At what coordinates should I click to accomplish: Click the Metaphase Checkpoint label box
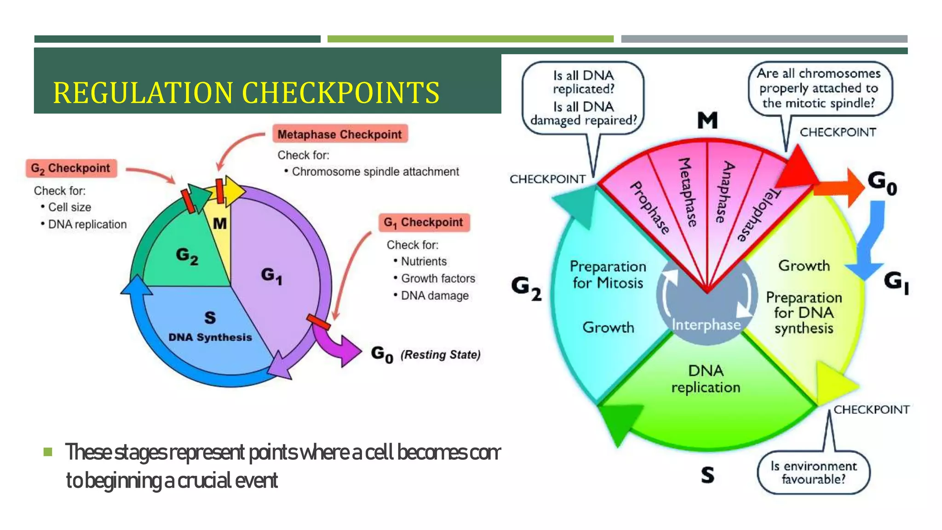[x=340, y=134]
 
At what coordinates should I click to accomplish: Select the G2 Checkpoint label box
[x=71, y=168]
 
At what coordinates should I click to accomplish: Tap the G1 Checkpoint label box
[x=424, y=223]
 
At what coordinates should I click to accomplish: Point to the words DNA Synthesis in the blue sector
[x=210, y=337]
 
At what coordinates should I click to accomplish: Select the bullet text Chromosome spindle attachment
[x=375, y=172]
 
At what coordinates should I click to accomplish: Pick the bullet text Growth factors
[x=437, y=278]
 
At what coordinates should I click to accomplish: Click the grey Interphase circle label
[x=706, y=325]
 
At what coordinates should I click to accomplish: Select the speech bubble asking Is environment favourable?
[x=813, y=472]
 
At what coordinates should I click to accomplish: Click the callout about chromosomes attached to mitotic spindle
[x=819, y=88]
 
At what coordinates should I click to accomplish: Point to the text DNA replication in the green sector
[x=706, y=379]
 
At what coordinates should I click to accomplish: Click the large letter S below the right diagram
[x=707, y=475]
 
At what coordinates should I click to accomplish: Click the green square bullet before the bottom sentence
[x=48, y=452]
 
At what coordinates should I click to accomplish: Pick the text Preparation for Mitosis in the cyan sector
[x=608, y=275]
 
